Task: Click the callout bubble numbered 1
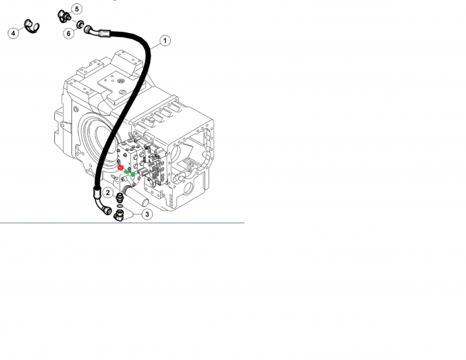[x=165, y=40]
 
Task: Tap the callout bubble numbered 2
[x=107, y=193]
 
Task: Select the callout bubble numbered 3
[x=147, y=214]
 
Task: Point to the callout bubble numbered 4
[x=13, y=33]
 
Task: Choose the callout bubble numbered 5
[x=77, y=9]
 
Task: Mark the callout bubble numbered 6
[x=69, y=33]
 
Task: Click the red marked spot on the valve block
[x=120, y=168]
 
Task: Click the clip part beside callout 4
[x=31, y=27]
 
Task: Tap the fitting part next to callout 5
[x=63, y=16]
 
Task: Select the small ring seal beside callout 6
[x=80, y=25]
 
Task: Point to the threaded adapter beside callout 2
[x=120, y=197]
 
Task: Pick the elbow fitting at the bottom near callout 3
[x=119, y=216]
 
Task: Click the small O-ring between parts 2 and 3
[x=119, y=206]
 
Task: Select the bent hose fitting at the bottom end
[x=103, y=206]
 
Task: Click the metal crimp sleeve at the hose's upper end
[x=105, y=33]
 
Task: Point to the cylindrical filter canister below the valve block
[x=137, y=196]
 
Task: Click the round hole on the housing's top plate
[x=120, y=81]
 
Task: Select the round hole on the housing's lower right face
[x=188, y=188]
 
